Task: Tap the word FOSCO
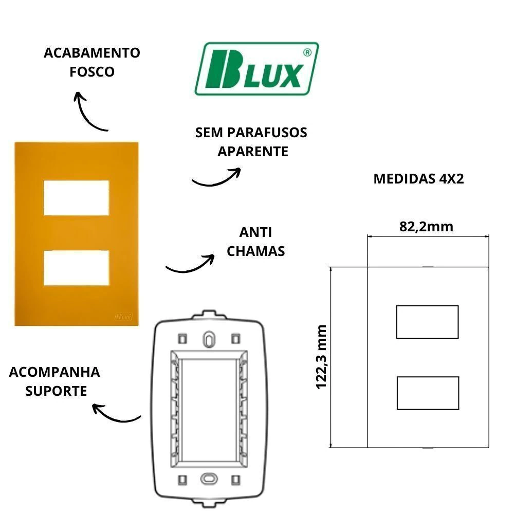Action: pyautogui.click(x=92, y=71)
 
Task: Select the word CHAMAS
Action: pyautogui.click(x=255, y=251)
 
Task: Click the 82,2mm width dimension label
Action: pyautogui.click(x=426, y=227)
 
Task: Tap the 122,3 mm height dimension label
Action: pyautogui.click(x=322, y=356)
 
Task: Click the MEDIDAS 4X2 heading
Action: pyautogui.click(x=418, y=179)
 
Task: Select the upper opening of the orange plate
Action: pyautogui.click(x=77, y=197)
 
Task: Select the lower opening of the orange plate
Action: pyautogui.click(x=77, y=267)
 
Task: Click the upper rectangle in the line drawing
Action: pyautogui.click(x=427, y=322)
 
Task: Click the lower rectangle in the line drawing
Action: pyautogui.click(x=427, y=393)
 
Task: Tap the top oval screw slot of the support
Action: pyautogui.click(x=208, y=339)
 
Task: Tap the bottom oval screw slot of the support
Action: pyautogui.click(x=208, y=478)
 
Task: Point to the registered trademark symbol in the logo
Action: pyautogui.click(x=306, y=52)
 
